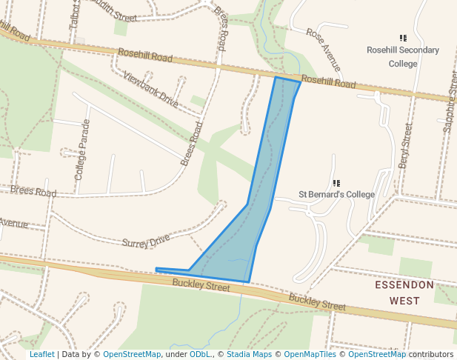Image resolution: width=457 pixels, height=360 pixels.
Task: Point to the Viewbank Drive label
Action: click(x=150, y=90)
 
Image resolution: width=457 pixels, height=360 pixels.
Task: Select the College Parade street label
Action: click(x=81, y=150)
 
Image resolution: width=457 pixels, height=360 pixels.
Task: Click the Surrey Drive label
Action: click(x=146, y=241)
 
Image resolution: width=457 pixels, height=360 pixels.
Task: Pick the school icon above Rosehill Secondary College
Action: click(x=403, y=38)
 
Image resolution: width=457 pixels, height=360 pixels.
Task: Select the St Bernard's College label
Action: click(x=336, y=194)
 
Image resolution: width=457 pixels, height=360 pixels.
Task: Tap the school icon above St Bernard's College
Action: click(x=336, y=182)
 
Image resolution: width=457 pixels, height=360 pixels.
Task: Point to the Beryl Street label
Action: click(x=404, y=146)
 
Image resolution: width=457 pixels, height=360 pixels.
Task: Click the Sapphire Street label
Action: click(x=448, y=107)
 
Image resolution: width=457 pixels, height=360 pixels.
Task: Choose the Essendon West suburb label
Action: click(x=404, y=293)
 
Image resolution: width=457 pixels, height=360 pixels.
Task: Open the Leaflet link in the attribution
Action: click(x=41, y=354)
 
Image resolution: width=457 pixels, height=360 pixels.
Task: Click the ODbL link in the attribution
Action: click(x=200, y=354)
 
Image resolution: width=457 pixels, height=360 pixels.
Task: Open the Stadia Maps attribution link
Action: click(x=249, y=354)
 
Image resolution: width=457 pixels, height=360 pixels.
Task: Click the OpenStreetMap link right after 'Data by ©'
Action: click(x=132, y=354)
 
